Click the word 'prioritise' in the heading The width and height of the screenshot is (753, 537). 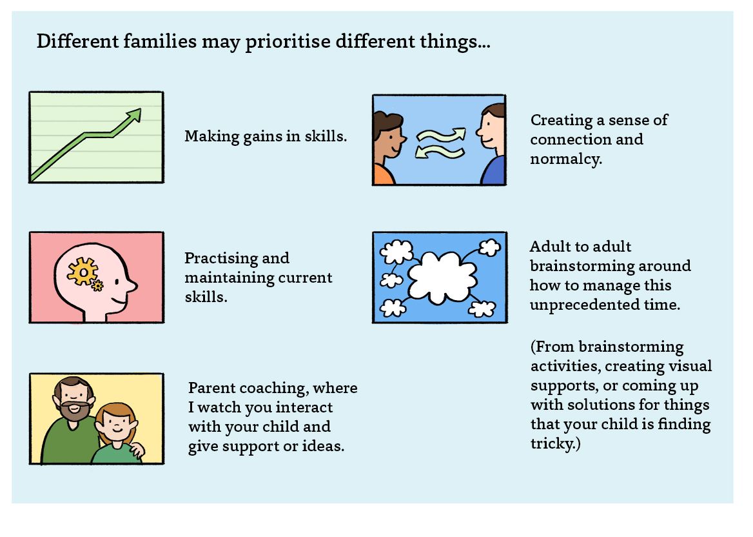pos(288,43)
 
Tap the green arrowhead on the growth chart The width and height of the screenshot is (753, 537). pos(133,115)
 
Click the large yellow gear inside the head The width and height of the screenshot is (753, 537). pos(83,272)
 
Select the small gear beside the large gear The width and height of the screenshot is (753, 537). pos(97,285)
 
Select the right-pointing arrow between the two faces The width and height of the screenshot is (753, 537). pos(442,135)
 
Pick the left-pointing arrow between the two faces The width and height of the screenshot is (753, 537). pos(439,152)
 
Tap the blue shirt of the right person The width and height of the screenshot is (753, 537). pos(494,171)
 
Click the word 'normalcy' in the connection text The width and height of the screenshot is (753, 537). pos(565,159)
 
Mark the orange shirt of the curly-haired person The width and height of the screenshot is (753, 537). pos(383,175)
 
